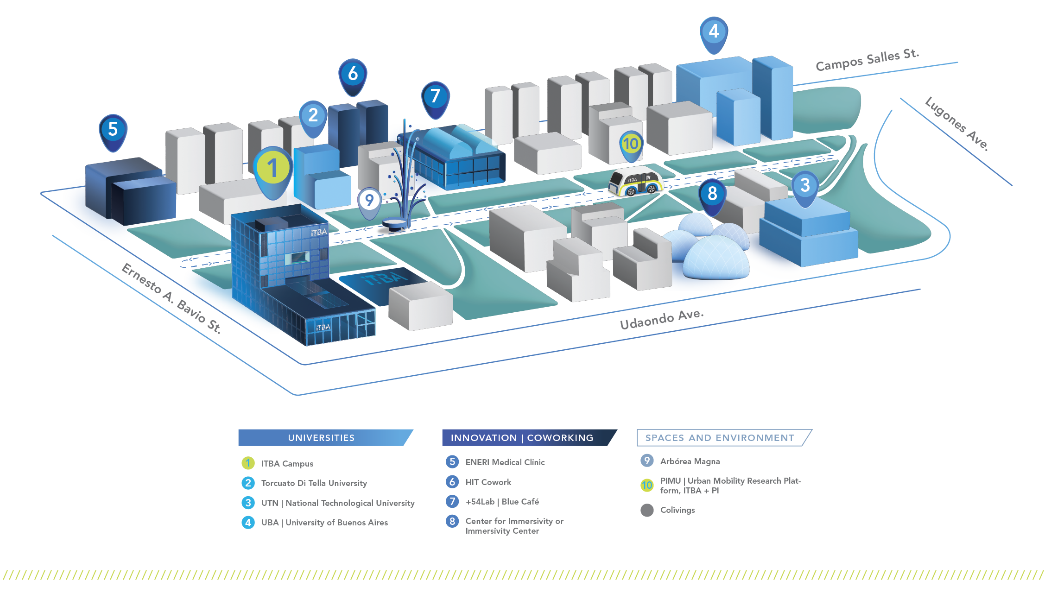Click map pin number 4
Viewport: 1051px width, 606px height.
coord(714,32)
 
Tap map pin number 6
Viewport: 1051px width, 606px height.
coord(353,74)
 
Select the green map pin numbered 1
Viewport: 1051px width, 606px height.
coord(273,169)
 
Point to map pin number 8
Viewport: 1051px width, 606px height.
coord(712,194)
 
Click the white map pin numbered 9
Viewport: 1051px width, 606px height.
coord(369,201)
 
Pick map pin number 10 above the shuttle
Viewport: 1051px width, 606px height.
coord(631,145)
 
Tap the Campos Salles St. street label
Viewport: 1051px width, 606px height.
coord(867,60)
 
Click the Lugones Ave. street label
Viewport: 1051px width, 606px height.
coord(956,124)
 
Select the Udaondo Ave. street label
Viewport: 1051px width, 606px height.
coord(661,319)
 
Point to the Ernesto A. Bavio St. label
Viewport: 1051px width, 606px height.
coord(171,298)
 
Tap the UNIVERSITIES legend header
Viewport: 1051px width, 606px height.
coord(322,438)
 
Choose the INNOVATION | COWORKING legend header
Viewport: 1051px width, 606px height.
coord(522,438)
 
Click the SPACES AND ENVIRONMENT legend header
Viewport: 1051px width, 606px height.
coord(720,438)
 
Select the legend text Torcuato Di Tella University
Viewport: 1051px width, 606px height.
coord(314,483)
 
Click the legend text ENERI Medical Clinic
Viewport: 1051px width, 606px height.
coord(505,462)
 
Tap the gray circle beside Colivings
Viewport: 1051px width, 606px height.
coord(647,510)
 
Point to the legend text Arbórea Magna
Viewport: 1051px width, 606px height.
coord(690,461)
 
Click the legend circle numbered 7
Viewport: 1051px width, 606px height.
coord(452,501)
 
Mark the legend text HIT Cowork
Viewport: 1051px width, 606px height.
coord(488,482)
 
